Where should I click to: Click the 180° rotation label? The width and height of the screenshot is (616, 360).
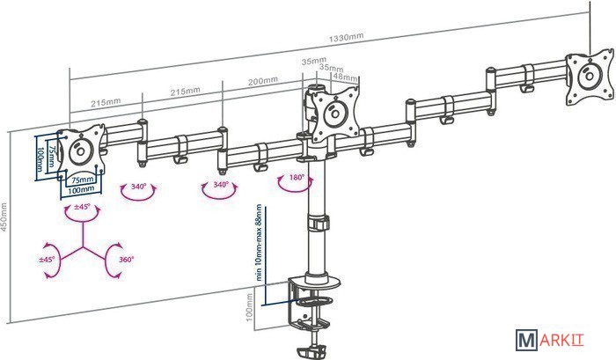pos(296,178)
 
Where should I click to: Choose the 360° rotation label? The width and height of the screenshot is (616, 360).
pos(126,260)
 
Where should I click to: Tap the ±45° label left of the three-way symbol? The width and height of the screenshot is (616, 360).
pos(47,260)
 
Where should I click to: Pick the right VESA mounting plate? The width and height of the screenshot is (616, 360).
pos(587,77)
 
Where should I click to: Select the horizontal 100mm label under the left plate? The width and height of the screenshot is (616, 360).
pos(81,190)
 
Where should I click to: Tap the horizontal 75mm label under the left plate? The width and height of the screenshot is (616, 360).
pos(81,180)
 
